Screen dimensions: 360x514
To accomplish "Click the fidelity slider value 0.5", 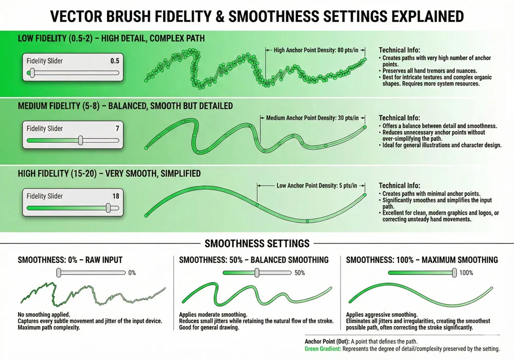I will tap(115, 61).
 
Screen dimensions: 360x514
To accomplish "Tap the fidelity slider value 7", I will tap(117, 128).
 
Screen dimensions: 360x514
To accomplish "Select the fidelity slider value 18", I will tap(115, 196).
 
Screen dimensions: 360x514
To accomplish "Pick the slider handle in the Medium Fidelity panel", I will tap(80, 140).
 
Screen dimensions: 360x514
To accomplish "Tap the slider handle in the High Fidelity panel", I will tap(108, 208).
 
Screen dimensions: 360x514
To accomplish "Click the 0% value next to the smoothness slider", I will tap(132, 273).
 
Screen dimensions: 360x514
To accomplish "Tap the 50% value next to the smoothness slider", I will tap(300, 273).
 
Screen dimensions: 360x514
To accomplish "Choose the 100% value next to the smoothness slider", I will tap(466, 273).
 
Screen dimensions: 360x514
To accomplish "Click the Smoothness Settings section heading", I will tap(257, 243).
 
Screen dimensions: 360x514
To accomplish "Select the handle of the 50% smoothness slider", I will tap(256, 273).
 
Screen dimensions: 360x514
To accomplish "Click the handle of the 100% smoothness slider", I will tap(453, 273).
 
